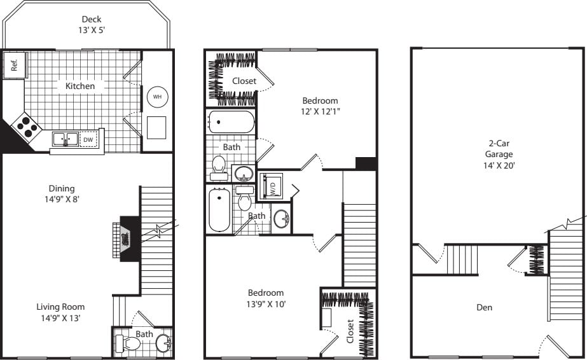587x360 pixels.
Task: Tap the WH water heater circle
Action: coord(157,97)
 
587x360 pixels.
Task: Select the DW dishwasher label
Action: coord(88,139)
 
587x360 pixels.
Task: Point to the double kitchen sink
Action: coord(66,139)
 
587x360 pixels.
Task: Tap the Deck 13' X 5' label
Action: coord(91,24)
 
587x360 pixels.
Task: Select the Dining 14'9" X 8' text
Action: coord(62,193)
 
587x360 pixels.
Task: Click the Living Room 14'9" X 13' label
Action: coord(60,312)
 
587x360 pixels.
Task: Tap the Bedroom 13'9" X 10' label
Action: coord(266,298)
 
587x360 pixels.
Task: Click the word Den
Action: coord(485,307)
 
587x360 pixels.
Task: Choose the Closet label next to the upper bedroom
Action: coord(244,81)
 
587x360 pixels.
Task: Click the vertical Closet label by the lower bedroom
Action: coord(350,331)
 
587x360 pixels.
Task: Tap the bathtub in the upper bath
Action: coord(231,121)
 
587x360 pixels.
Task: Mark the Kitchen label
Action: coord(80,86)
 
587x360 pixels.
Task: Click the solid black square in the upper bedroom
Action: coord(366,163)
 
